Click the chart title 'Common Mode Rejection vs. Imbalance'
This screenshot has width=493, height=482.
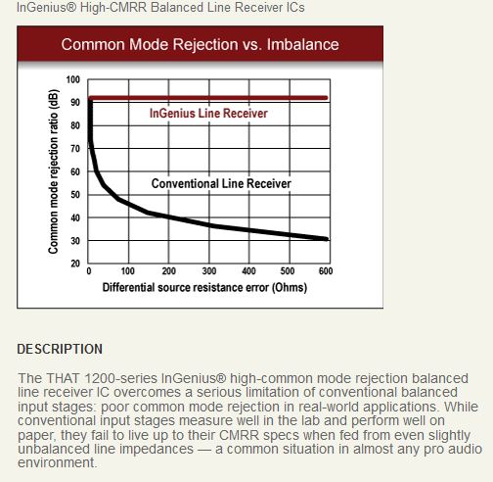click(200, 44)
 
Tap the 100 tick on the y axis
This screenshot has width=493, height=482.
click(73, 79)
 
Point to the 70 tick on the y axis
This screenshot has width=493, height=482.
click(75, 149)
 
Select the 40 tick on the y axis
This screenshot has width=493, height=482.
click(75, 217)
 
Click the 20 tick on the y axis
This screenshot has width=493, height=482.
click(75, 264)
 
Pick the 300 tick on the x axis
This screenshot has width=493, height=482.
click(209, 271)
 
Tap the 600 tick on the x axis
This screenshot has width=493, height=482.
click(326, 271)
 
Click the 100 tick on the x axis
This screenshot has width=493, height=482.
click(128, 271)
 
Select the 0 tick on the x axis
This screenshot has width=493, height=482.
click(89, 271)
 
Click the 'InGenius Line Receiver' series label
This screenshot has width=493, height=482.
click(208, 114)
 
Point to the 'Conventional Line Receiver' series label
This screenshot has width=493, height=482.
click(221, 183)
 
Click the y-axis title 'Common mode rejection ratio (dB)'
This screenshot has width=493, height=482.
click(53, 171)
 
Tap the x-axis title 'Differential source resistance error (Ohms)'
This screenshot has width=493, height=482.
click(204, 287)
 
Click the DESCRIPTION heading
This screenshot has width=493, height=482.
click(60, 349)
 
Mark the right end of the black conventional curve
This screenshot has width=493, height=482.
click(327, 239)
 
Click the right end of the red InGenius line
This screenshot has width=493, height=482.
click(327, 98)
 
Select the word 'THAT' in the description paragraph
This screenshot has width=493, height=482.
click(63, 378)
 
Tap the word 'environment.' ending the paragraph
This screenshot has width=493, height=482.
click(58, 462)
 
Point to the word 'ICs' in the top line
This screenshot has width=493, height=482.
click(295, 7)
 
